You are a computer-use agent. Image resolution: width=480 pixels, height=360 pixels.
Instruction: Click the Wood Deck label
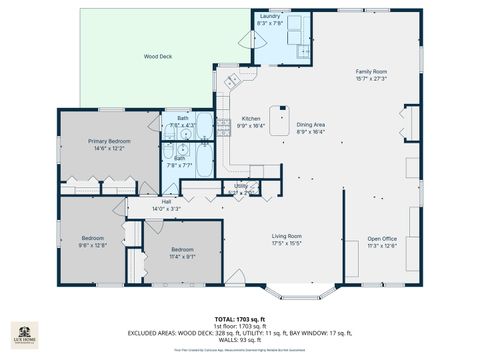point(158,57)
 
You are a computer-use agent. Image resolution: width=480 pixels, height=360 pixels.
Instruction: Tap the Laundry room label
point(269,17)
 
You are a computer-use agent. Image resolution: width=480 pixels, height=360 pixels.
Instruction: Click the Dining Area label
point(311,123)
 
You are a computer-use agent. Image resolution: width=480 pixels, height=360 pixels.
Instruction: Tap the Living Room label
point(287,236)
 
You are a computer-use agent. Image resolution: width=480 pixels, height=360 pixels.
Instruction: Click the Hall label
point(167,201)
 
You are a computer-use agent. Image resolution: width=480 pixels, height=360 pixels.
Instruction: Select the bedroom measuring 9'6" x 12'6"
point(92,241)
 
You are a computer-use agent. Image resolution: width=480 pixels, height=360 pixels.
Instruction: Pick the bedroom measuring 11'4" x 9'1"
point(182,250)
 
